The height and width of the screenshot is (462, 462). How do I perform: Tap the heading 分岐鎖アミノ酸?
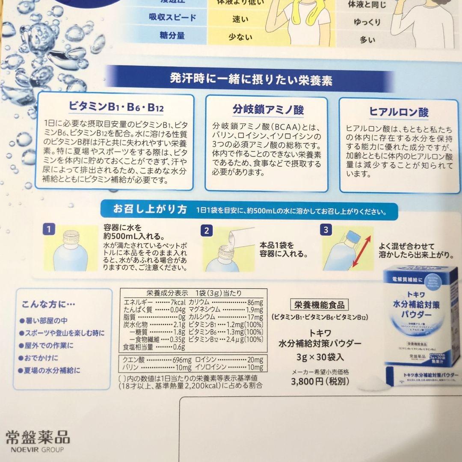click(x=268, y=110)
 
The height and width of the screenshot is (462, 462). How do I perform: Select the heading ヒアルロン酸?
click(x=399, y=112)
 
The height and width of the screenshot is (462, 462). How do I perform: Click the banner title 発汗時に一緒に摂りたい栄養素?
click(x=251, y=80)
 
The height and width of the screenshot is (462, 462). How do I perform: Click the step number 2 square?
click(x=206, y=231)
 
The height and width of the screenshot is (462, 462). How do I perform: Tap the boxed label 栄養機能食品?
click(x=319, y=305)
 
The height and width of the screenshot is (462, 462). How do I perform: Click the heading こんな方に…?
click(x=49, y=305)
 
